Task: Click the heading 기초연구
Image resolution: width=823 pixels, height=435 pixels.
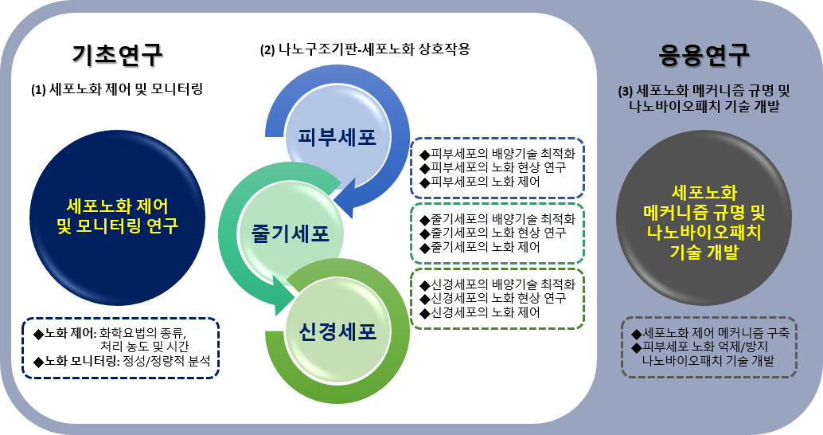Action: (118, 55)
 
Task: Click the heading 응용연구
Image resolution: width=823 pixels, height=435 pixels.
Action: (704, 55)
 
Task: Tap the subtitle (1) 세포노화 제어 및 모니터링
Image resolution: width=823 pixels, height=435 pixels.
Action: (117, 89)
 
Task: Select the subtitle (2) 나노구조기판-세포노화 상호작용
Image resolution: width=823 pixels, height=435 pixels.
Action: (365, 50)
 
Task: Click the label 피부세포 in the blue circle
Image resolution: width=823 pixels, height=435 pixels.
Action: (337, 137)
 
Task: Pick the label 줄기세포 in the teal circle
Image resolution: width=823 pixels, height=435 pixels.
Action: (291, 233)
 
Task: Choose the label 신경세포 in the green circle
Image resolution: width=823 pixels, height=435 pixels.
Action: (337, 331)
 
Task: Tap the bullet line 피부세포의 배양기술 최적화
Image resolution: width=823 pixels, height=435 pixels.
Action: (497, 154)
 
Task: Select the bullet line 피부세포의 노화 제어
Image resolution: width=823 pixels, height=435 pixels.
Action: (480, 182)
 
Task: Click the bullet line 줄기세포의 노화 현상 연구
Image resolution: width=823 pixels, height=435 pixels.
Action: (493, 233)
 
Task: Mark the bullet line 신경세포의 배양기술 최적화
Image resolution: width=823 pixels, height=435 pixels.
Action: (497, 284)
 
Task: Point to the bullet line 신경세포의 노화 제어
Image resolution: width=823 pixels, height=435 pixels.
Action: (480, 312)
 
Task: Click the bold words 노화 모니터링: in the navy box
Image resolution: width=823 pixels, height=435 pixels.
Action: (83, 361)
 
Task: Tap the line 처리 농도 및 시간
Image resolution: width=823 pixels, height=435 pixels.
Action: (144, 347)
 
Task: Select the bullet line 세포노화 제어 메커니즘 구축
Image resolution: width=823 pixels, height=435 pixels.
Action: (710, 333)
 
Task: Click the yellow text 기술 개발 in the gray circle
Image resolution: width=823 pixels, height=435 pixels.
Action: (704, 253)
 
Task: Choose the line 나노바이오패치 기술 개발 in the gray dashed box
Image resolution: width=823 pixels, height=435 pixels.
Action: (708, 361)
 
